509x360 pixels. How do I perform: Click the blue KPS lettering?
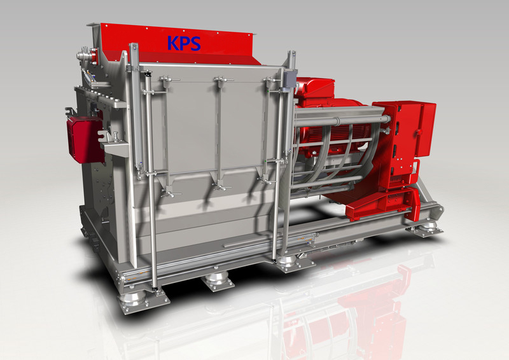[184, 43]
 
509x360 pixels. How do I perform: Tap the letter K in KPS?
[172, 43]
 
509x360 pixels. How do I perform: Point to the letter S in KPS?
[195, 44]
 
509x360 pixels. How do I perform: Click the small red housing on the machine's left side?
[85, 139]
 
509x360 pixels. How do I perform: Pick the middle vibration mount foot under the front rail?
[218, 280]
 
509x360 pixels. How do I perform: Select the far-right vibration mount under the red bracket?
[426, 227]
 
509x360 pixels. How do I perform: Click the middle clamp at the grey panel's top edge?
[221, 81]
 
